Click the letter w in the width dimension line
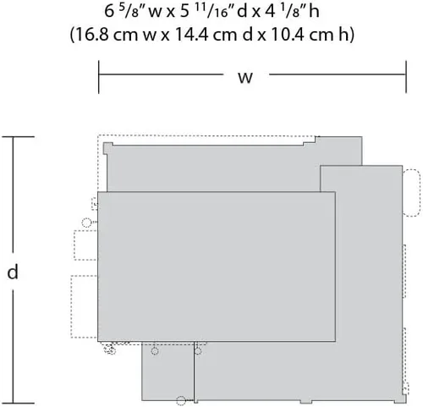click(x=245, y=78)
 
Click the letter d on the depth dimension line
click(x=13, y=272)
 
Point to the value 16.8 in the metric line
click(x=92, y=35)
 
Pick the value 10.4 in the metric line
click(x=288, y=35)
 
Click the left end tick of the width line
click(x=99, y=77)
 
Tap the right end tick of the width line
click(x=406, y=77)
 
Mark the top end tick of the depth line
click(x=19, y=137)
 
